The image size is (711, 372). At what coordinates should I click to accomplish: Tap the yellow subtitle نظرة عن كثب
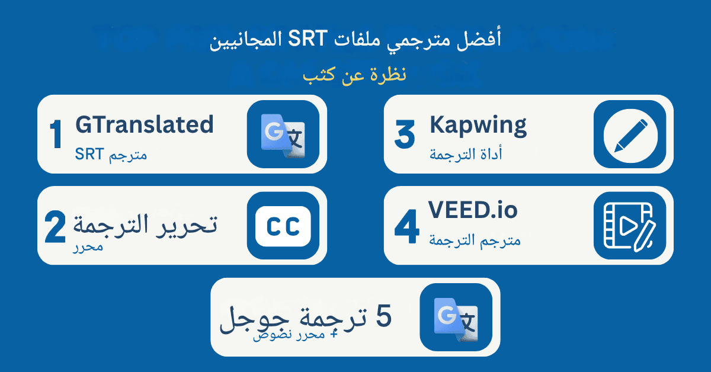point(354,76)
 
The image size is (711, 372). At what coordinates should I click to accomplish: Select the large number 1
point(56,135)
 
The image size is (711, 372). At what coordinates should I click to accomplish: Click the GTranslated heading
point(144,125)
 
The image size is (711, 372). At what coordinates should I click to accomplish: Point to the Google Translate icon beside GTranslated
point(283,134)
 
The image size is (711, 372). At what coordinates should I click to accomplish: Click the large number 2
point(56,229)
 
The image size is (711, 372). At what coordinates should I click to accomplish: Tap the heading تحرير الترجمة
point(145,224)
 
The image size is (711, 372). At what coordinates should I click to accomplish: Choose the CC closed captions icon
point(283,225)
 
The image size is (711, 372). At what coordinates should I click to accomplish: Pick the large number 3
point(405,136)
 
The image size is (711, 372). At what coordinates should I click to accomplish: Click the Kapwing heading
point(478,125)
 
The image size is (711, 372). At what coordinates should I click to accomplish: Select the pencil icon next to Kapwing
point(630,134)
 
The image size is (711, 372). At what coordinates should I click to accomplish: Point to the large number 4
point(407,229)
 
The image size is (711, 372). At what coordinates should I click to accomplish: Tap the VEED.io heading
point(473,210)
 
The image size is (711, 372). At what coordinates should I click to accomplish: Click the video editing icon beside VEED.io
point(630,225)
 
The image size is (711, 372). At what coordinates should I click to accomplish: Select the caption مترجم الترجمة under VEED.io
point(474,240)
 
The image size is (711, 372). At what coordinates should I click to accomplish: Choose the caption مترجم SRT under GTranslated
point(111,155)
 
